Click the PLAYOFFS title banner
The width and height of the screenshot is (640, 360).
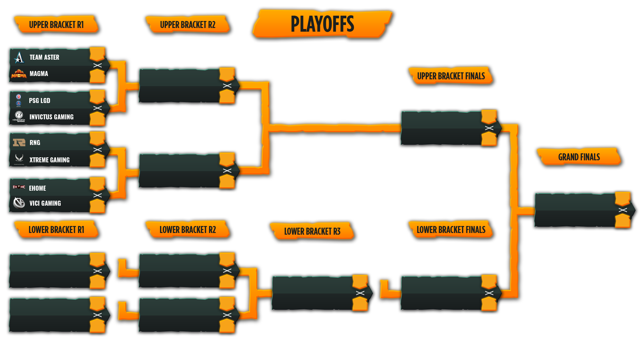322,24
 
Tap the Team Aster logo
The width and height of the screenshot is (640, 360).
19,57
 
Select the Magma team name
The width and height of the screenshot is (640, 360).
39,74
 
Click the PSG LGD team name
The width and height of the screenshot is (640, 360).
39,100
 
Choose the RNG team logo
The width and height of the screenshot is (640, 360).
19,143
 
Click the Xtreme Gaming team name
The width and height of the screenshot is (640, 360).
49,160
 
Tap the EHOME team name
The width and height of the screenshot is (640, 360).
37,188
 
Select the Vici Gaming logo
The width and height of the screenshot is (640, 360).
19,203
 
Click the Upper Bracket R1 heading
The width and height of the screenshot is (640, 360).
56,25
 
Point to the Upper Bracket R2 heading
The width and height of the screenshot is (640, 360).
187,25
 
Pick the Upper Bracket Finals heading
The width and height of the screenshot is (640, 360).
451,76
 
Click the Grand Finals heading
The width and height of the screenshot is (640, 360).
579,157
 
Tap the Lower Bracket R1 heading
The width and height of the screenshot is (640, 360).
56,230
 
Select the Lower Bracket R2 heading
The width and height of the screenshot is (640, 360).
187,230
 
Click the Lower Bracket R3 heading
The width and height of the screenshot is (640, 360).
312,231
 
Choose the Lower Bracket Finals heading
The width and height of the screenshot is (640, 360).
451,230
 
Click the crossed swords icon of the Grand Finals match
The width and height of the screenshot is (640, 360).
623,210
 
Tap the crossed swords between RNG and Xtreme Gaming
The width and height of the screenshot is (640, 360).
98,150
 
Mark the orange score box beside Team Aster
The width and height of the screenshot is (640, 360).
97,54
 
